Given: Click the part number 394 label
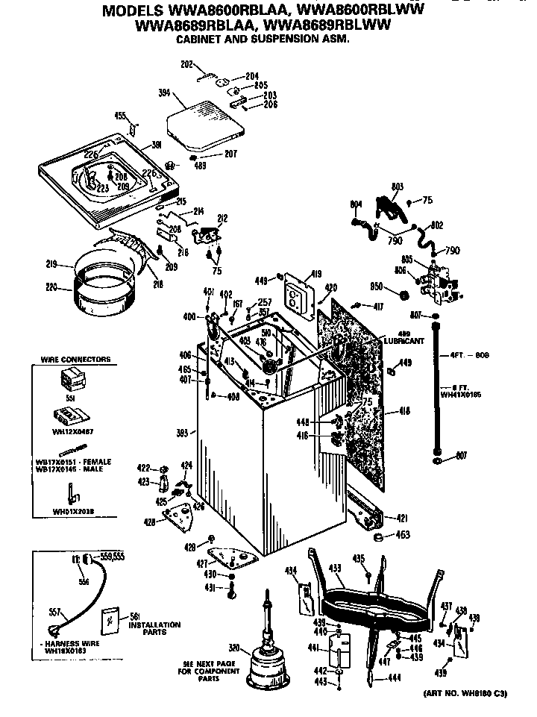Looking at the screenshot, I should (165, 93).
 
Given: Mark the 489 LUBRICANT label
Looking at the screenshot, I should (405, 337).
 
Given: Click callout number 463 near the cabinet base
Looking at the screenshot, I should (403, 534).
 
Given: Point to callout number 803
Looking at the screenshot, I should (398, 187).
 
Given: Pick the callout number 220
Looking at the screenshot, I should (50, 287).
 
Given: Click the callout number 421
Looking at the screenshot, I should (401, 518).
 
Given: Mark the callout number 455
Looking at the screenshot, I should (119, 115).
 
